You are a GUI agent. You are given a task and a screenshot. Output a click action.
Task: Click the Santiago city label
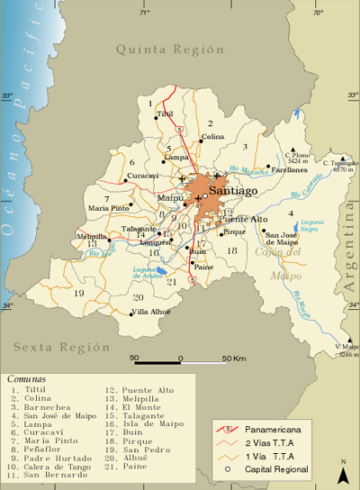click(x=232, y=191)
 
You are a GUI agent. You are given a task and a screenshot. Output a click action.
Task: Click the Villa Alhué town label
click(x=150, y=312)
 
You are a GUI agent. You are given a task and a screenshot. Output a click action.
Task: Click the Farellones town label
click(x=288, y=169)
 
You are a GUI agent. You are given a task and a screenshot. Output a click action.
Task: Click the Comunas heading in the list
click(x=27, y=379)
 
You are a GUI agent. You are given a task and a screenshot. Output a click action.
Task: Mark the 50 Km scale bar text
click(x=232, y=358)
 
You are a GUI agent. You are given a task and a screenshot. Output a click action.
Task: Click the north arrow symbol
click(x=342, y=470)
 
